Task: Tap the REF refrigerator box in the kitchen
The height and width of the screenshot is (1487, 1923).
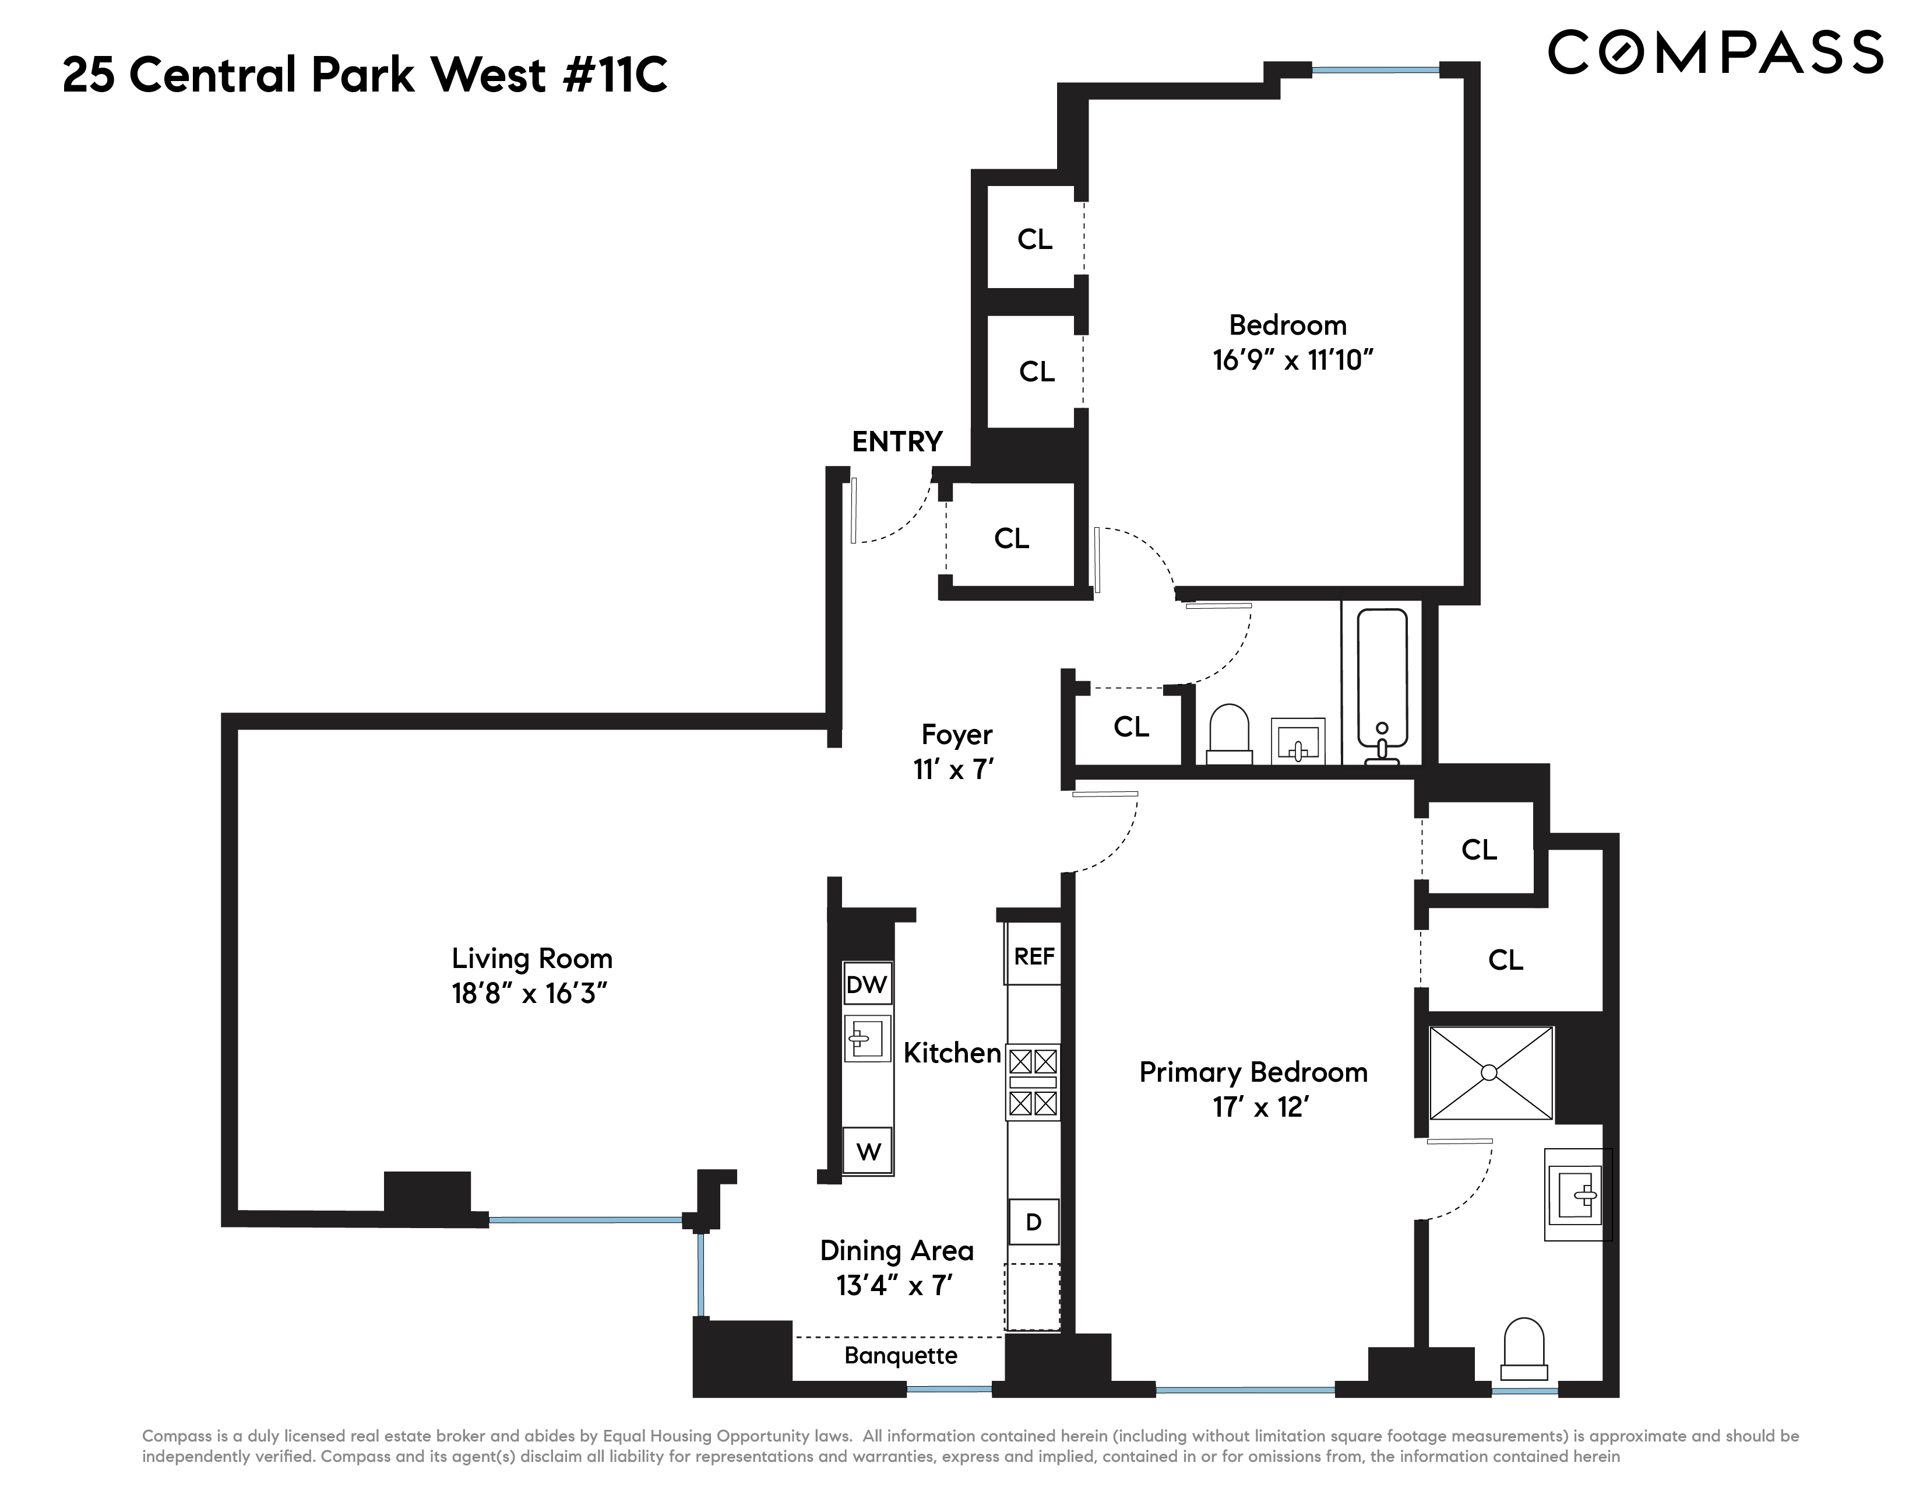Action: tap(1034, 957)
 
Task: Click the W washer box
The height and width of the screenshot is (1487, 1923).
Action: tap(868, 1151)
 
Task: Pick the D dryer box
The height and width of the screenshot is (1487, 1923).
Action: tap(1034, 1222)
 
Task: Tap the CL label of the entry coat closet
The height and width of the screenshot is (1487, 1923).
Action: tap(1011, 538)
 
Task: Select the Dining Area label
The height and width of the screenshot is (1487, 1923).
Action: tap(896, 1251)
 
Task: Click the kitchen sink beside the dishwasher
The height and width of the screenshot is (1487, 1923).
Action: tap(867, 1039)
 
